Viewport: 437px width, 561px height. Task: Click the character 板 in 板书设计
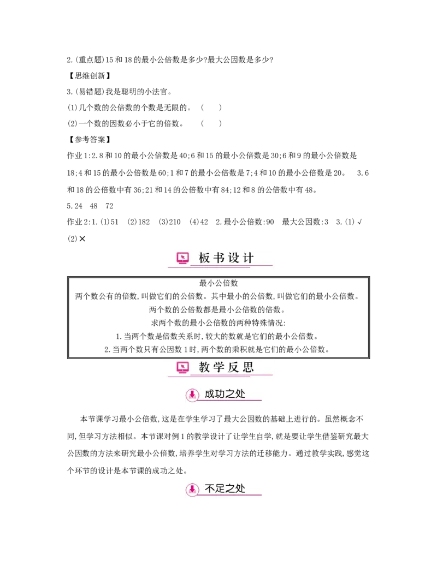204,258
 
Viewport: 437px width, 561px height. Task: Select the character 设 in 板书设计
234,258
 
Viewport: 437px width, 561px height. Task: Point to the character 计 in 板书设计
249,258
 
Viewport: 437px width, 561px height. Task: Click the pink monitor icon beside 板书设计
182,258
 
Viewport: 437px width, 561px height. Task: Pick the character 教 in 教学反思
204,367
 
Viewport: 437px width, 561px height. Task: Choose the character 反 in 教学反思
234,367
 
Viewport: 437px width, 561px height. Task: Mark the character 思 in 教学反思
249,367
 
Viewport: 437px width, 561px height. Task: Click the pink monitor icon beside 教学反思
182,367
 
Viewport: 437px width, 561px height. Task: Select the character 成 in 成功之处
210,394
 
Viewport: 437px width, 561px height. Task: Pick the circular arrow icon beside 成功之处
192,395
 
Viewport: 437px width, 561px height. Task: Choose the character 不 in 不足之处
210,489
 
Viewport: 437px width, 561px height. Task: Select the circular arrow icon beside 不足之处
192,490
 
